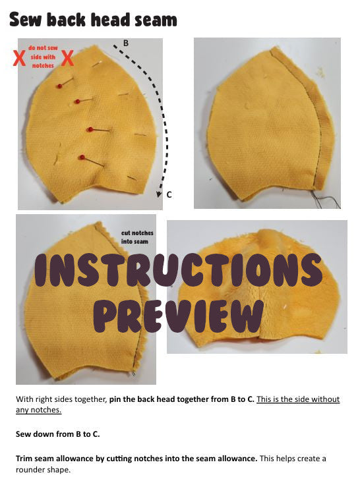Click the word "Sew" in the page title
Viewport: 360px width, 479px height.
[25, 20]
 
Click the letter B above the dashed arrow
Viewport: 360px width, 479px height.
[125, 43]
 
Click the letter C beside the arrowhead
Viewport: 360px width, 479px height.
[169, 194]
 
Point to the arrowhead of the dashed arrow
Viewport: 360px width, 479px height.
[159, 194]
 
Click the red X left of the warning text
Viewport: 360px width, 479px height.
[19, 59]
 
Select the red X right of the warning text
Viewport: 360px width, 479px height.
[67, 59]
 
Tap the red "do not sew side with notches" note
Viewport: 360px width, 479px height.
[43, 57]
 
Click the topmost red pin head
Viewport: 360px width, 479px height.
[59, 86]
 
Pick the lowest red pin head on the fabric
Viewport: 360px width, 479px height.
[82, 157]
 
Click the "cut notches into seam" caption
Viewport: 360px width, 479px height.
[137, 237]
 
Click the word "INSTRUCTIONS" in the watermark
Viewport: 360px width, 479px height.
[178, 270]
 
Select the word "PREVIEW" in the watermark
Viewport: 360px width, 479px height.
[178, 316]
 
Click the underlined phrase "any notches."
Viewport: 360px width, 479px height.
[38, 410]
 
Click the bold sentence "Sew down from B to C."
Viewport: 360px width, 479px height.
[58, 434]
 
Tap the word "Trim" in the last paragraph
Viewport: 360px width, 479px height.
[24, 459]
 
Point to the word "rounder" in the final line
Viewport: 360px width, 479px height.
[29, 470]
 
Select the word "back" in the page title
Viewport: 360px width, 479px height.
[67, 20]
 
